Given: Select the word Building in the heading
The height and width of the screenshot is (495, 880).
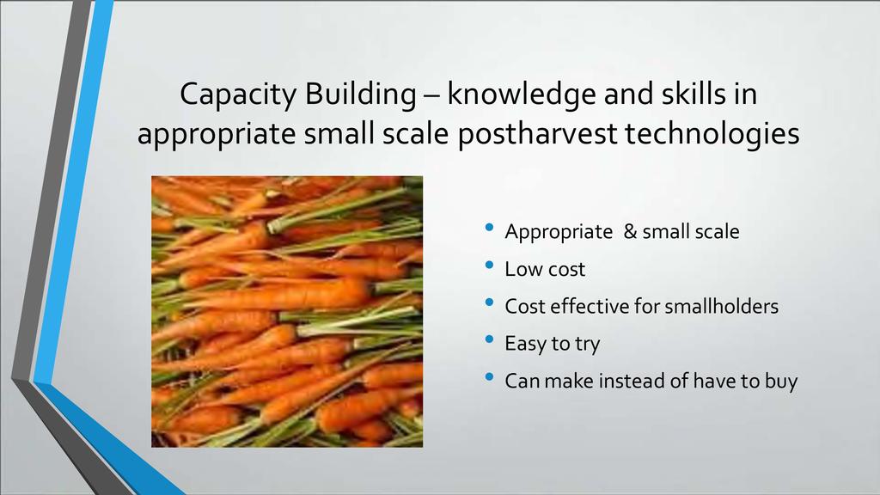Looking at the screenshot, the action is tap(360, 95).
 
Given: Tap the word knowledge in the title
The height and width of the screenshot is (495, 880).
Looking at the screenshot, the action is tap(521, 95).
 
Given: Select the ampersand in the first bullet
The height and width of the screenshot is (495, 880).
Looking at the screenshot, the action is tap(630, 231).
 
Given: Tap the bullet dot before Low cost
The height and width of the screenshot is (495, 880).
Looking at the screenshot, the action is tap(489, 265).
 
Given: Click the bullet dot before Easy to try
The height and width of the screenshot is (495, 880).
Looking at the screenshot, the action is tap(489, 339).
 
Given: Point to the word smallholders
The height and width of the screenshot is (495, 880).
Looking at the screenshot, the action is tap(721, 307).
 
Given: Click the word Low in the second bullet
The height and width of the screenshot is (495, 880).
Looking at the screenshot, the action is tap(522, 269).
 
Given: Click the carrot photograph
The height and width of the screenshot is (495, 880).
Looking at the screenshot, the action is tap(287, 311).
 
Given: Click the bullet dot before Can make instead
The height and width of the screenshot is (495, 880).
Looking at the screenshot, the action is tap(489, 377).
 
